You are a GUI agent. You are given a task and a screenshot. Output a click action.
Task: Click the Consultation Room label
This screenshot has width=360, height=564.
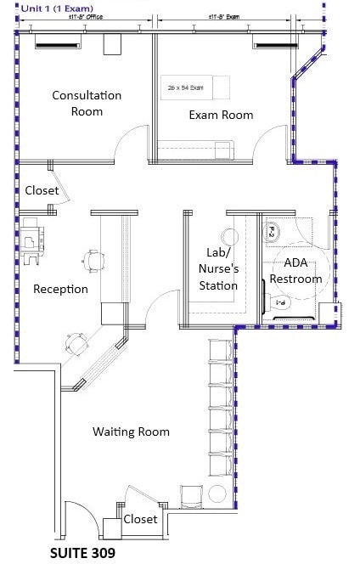[x=87, y=103]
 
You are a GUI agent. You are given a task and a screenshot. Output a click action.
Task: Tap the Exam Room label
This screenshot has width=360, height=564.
[x=221, y=115]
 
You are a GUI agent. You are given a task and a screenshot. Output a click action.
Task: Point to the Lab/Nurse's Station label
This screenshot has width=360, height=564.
[x=218, y=268]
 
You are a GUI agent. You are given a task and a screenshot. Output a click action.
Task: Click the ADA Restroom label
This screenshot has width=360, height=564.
[x=295, y=271]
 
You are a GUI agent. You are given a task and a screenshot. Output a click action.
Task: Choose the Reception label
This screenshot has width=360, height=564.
[x=60, y=289]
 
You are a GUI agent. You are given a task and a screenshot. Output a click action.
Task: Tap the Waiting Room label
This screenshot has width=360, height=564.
[x=131, y=431]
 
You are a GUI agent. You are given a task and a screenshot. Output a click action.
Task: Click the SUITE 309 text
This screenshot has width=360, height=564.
[x=82, y=552]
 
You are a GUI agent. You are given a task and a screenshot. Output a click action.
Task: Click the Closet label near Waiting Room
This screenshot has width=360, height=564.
[x=140, y=519]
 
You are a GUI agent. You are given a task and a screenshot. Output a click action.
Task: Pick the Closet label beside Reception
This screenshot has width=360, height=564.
[x=42, y=190]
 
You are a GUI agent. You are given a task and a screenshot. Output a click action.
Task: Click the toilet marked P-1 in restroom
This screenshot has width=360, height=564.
[x=279, y=302]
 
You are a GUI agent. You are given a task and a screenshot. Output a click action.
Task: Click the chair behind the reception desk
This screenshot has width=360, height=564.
[x=93, y=256]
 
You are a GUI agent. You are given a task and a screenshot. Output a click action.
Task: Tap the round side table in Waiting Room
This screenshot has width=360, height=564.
[x=217, y=494]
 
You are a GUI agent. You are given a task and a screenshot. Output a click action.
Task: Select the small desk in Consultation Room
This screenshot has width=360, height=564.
[x=112, y=44]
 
